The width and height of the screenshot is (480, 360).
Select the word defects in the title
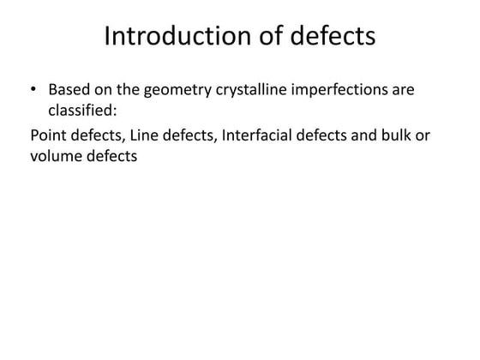(330, 37)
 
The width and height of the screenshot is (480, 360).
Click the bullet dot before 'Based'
(34, 89)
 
